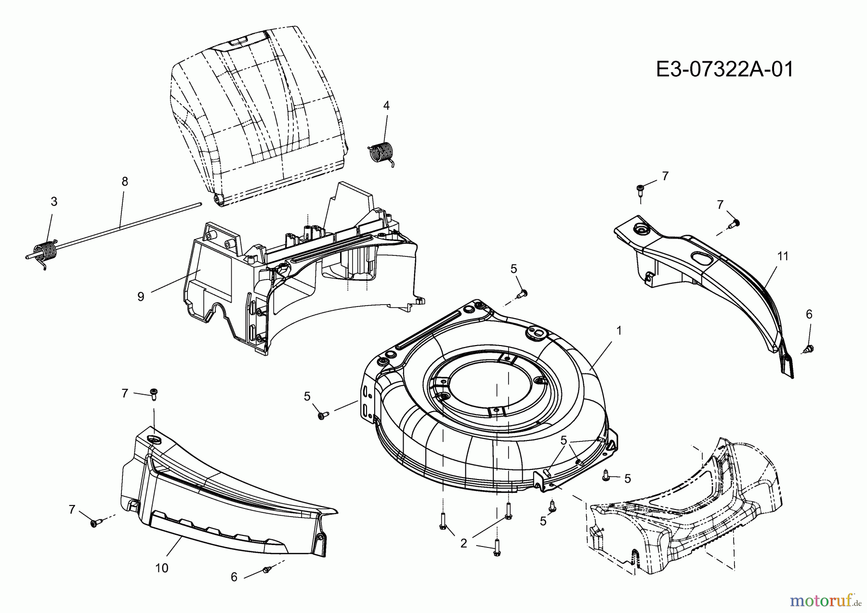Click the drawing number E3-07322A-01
coord(724,69)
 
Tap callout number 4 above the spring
coord(386,106)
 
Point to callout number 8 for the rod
coord(125,182)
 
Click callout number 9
coord(141,296)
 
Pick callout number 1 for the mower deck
coord(619,331)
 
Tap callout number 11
coord(783,256)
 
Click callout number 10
coord(162,568)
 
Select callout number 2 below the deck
coord(463,544)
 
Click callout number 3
coord(54,201)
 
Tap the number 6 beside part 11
coord(809,314)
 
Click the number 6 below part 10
coord(234,577)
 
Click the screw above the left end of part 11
coord(640,188)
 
